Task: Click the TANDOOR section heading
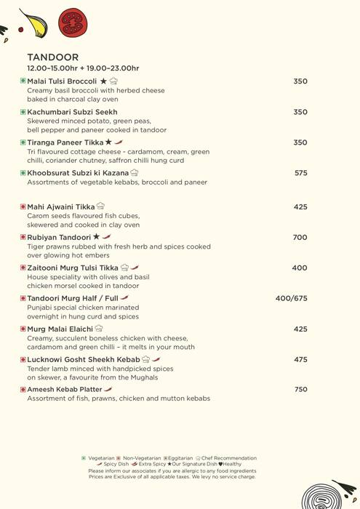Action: pyautogui.click(x=52, y=57)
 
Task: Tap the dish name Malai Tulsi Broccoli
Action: pyautogui.click(x=62, y=81)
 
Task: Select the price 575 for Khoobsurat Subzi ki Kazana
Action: pyautogui.click(x=300, y=173)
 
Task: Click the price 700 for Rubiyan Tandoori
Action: pyautogui.click(x=300, y=237)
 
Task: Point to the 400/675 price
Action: pyautogui.click(x=291, y=298)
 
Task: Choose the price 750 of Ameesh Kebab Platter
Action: pyautogui.click(x=300, y=390)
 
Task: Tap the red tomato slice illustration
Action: pyautogui.click(x=72, y=23)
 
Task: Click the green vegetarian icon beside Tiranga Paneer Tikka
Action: pyautogui.click(x=23, y=143)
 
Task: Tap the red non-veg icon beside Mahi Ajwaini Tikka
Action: pyautogui.click(x=23, y=207)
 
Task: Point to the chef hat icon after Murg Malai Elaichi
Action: pyautogui.click(x=100, y=329)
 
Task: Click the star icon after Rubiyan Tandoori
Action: pyautogui.click(x=96, y=237)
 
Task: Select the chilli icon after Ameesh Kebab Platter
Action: pyautogui.click(x=108, y=390)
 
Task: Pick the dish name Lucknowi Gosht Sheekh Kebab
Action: pyautogui.click(x=84, y=359)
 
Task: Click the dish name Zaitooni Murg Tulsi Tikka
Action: pyautogui.click(x=73, y=268)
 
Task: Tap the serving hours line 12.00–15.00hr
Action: pyautogui.click(x=83, y=68)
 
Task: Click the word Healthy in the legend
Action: pyautogui.click(x=232, y=464)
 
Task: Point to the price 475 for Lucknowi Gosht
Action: pyautogui.click(x=300, y=359)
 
